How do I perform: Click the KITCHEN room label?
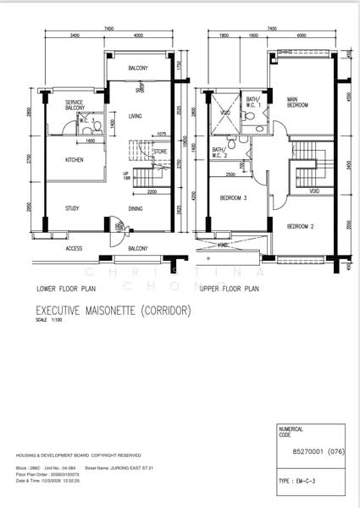[74, 159]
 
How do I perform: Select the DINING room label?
[136, 208]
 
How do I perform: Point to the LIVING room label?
[136, 115]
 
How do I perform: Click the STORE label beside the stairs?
[160, 152]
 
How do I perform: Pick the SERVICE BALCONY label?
[75, 105]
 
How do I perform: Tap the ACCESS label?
[74, 248]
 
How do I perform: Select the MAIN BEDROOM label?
[296, 102]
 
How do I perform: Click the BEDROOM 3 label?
[232, 198]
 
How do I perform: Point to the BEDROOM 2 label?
[300, 227]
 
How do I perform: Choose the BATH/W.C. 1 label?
[252, 102]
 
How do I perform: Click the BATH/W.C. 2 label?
[221, 152]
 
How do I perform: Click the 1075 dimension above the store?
[162, 134]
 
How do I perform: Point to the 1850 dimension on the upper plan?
[224, 36]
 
